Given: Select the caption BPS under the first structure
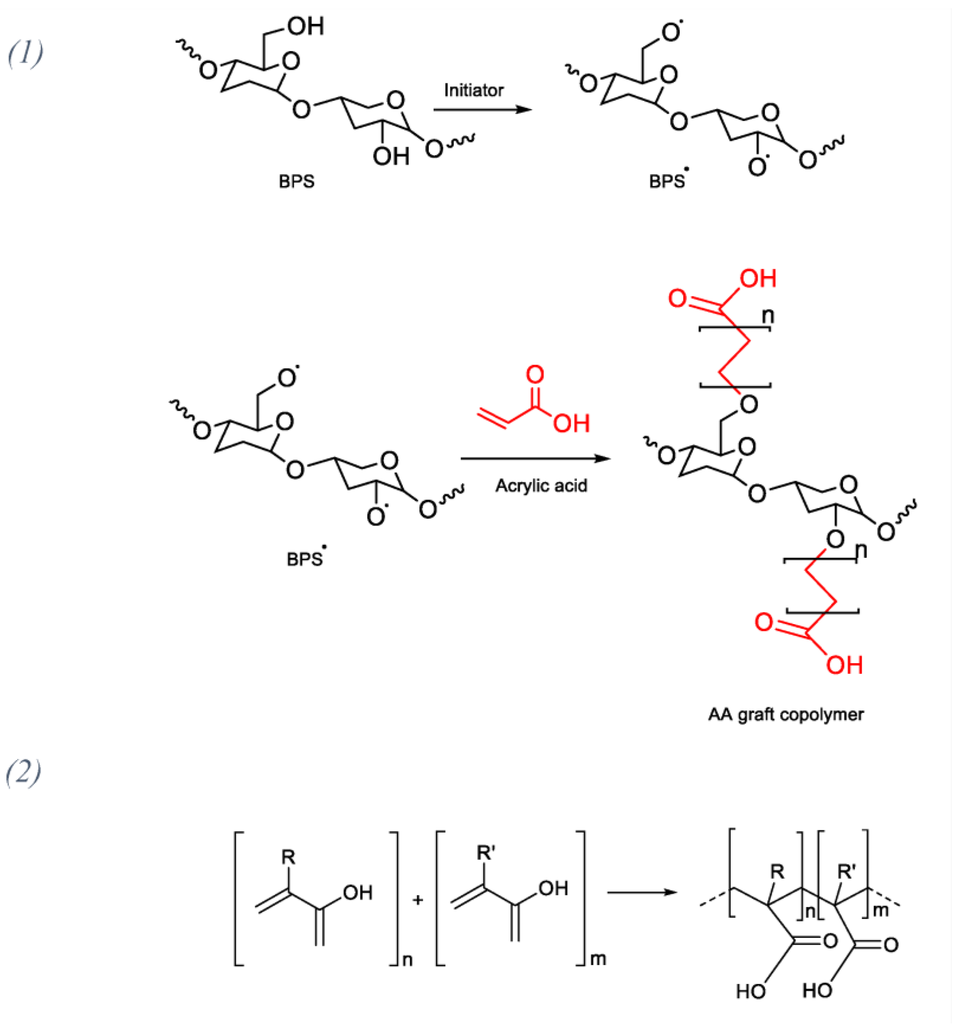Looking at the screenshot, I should tap(296, 182).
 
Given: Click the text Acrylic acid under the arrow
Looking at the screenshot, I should tap(541, 486).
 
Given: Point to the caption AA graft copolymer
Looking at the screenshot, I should tap(786, 714).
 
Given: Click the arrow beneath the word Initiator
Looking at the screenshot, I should tap(482, 110).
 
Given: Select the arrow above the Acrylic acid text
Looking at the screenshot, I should tap(535, 458).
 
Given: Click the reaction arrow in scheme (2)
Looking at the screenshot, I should tap(642, 892).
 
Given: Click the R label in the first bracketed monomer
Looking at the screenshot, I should tap(288, 857).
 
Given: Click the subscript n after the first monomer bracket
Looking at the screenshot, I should tap(407, 960).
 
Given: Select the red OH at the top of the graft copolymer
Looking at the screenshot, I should tap(758, 279).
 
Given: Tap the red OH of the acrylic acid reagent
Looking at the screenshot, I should tap(571, 423).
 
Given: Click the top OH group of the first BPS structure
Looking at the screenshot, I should tap(306, 26).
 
